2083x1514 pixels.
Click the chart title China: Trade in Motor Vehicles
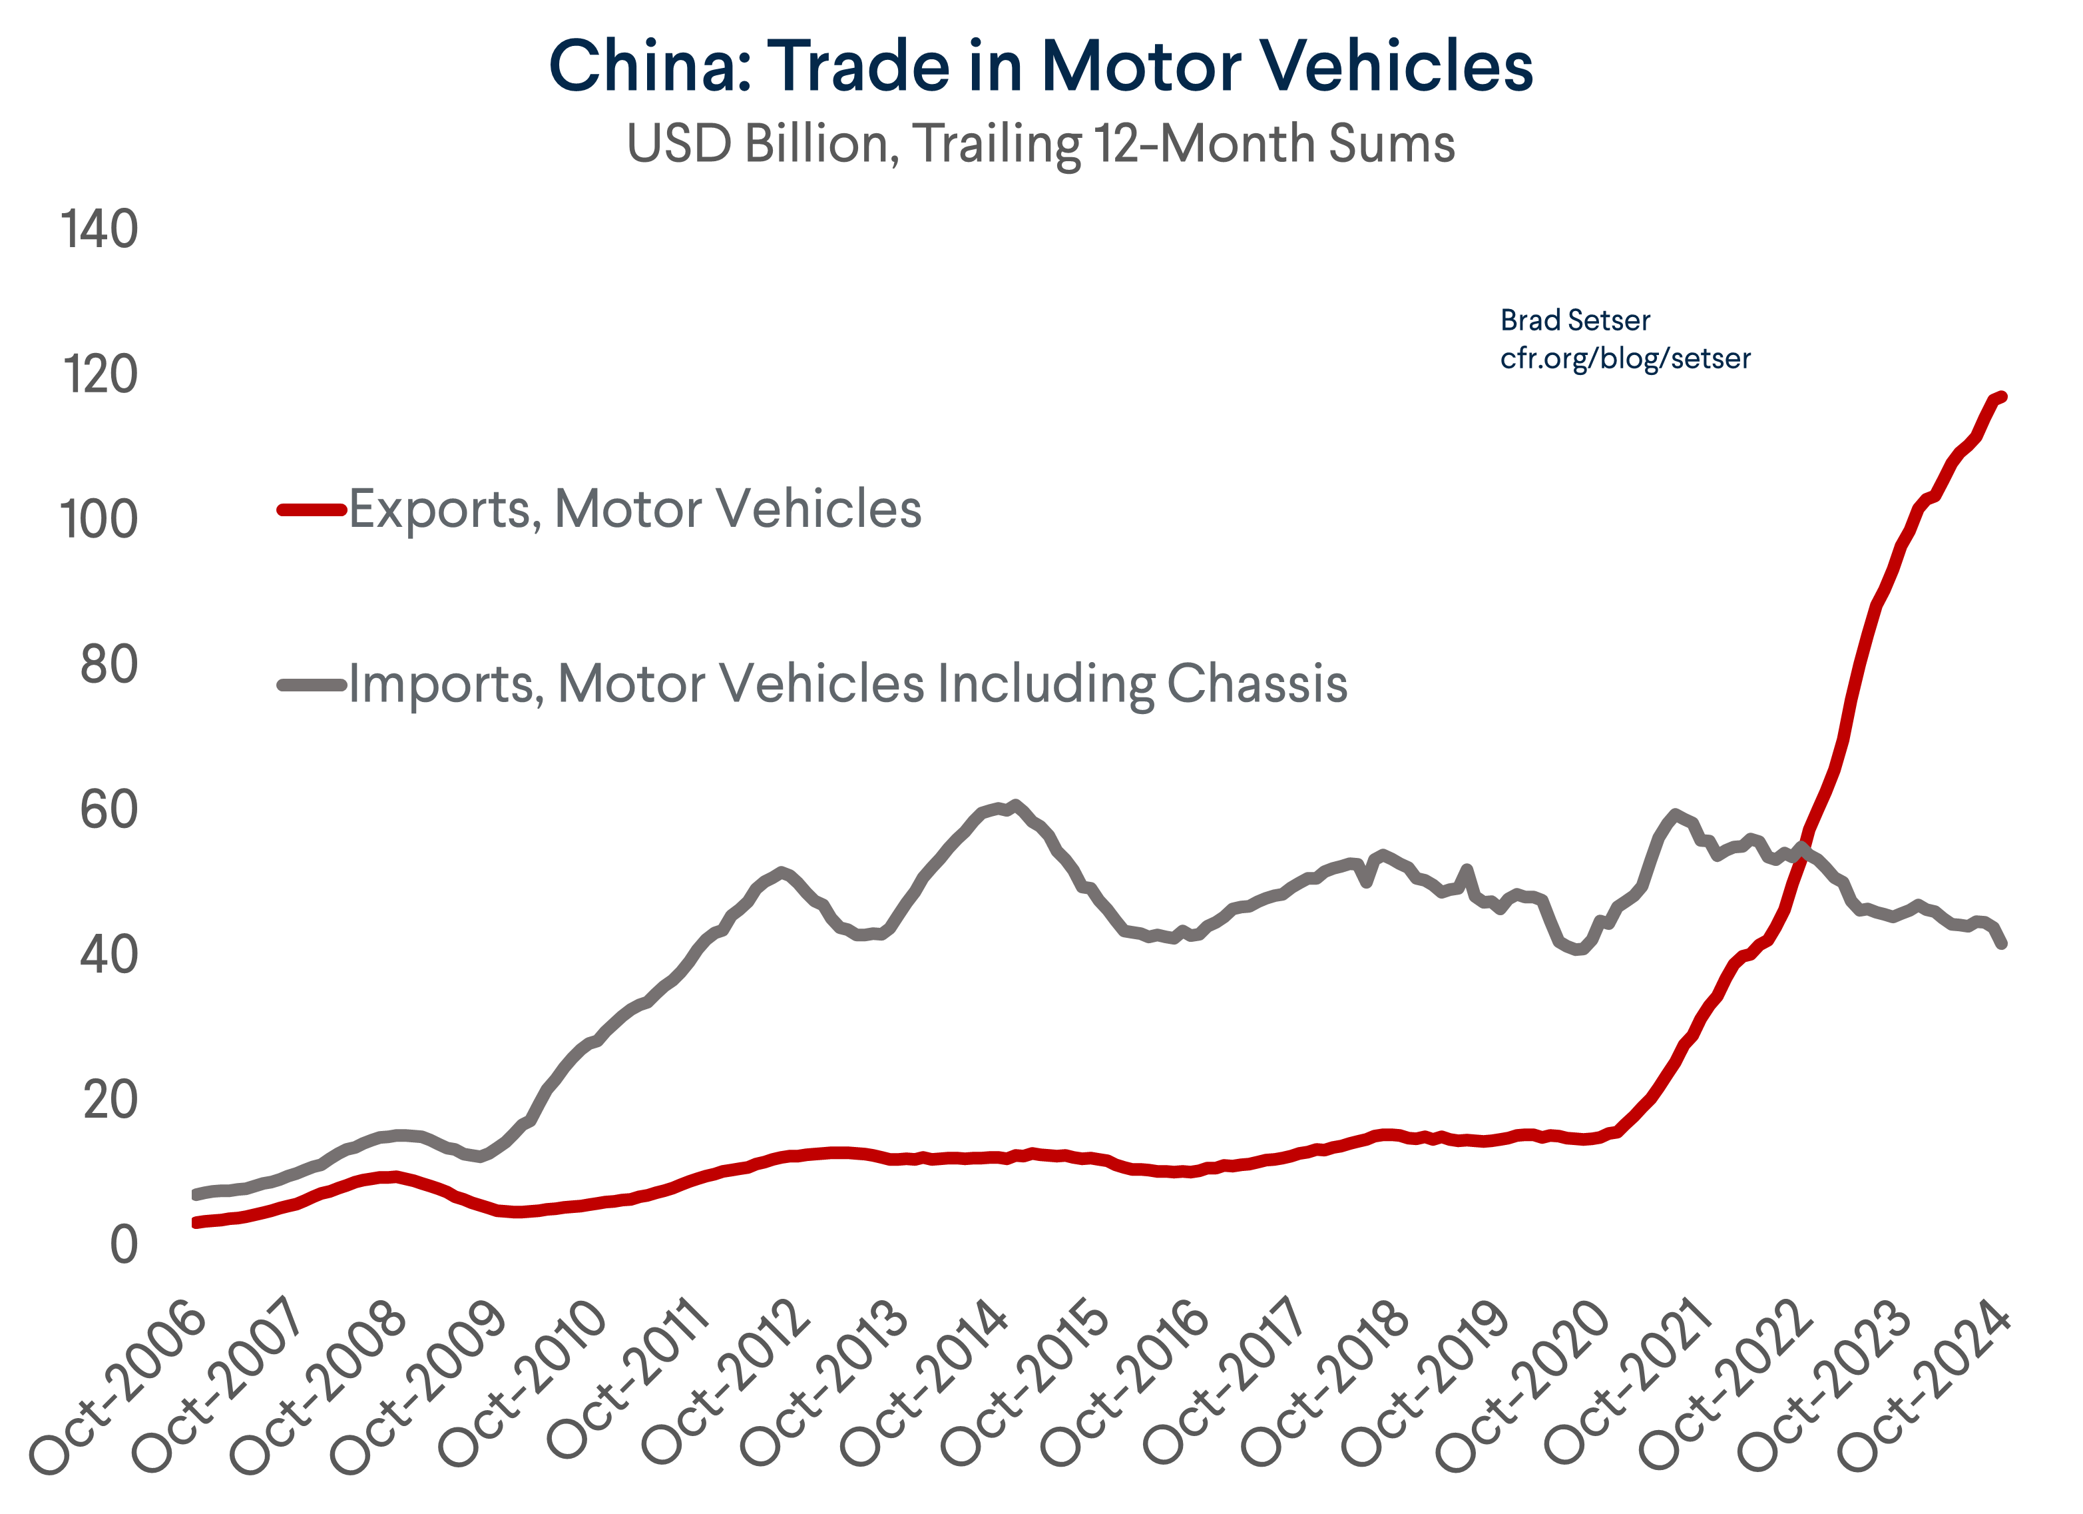coord(1041,66)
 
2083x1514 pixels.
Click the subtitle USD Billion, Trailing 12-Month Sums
coord(1041,145)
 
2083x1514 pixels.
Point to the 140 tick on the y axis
coord(99,230)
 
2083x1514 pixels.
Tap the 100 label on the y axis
coord(99,520)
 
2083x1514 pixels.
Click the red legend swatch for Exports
coord(312,510)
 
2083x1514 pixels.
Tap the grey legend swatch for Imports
coord(312,685)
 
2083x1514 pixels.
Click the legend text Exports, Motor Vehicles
coord(634,510)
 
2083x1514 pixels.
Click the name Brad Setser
coord(1574,320)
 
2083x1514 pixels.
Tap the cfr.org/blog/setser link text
coord(1625,358)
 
